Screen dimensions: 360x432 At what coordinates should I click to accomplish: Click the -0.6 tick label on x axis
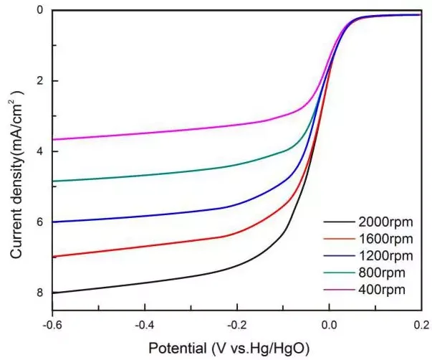click(52, 323)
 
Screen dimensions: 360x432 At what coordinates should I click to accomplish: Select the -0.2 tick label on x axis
click(236, 323)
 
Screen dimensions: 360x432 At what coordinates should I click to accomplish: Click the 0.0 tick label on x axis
click(330, 323)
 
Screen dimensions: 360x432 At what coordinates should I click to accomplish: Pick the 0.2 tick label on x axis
click(421, 323)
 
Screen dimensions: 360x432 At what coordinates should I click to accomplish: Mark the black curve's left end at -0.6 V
click(53, 293)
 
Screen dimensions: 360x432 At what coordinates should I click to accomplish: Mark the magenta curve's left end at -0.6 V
click(53, 139)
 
